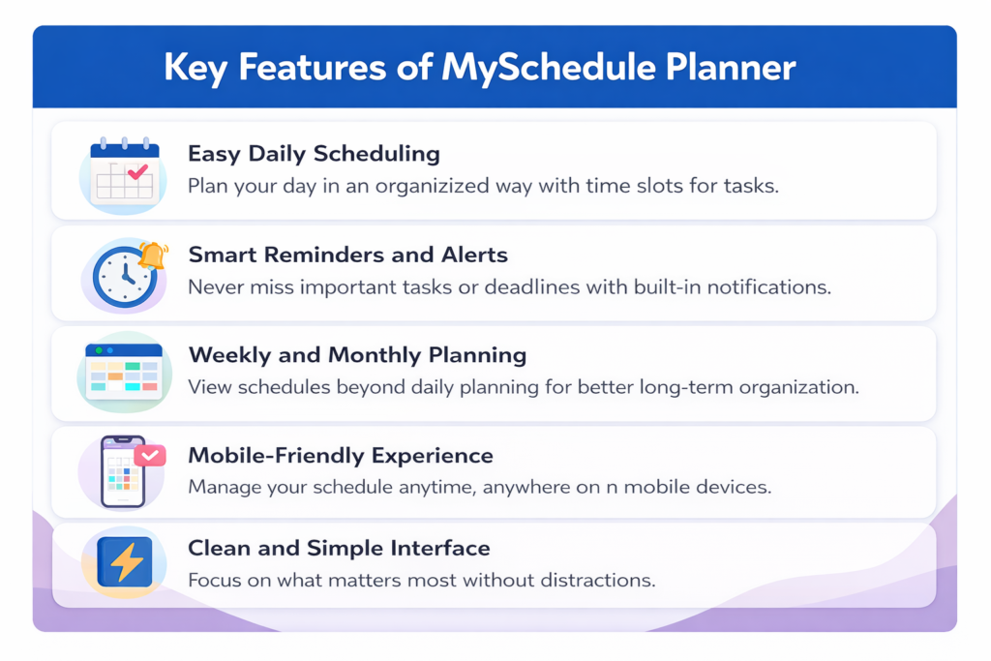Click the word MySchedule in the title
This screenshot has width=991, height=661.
548,68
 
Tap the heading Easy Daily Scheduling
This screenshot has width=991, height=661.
314,154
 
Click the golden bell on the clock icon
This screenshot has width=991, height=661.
153,255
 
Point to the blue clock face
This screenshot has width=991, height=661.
125,277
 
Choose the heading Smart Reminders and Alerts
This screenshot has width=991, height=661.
347,255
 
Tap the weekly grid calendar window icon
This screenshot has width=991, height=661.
124,371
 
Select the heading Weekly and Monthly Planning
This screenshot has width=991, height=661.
357,355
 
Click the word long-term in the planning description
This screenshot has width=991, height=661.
686,387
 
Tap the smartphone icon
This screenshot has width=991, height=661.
123,471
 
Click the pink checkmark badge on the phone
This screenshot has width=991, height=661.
150,455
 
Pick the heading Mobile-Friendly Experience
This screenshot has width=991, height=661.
341,456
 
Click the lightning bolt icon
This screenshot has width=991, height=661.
125,561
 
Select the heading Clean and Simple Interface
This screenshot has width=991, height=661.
339,548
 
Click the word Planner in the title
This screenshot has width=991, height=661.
730,68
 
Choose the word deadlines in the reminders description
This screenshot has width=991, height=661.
532,286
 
